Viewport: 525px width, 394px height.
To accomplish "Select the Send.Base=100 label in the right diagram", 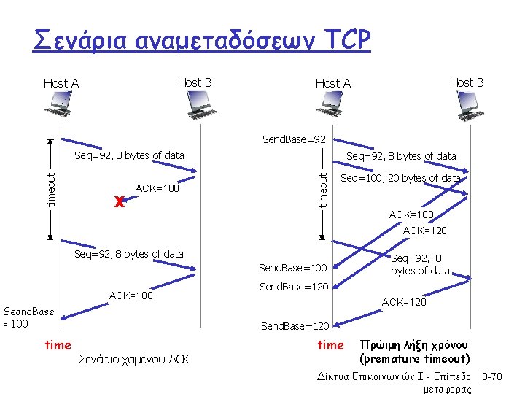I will coord(293,269).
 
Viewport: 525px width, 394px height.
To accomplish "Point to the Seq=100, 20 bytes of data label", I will coord(400,178).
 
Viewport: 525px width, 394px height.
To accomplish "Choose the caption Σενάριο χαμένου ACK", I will coord(133,359).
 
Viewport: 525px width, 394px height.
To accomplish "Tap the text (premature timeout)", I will coord(414,358).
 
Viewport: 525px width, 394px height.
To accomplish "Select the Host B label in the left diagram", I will coord(195,82).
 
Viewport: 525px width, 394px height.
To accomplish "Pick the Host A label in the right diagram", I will coord(332,83).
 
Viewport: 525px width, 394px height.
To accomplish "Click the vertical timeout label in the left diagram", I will coord(51,188).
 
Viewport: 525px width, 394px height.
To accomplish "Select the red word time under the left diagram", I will coord(58,345).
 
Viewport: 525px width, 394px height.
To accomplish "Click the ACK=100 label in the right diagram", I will coord(411,215).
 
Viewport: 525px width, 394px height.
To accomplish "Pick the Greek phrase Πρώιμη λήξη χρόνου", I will coord(414,344).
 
